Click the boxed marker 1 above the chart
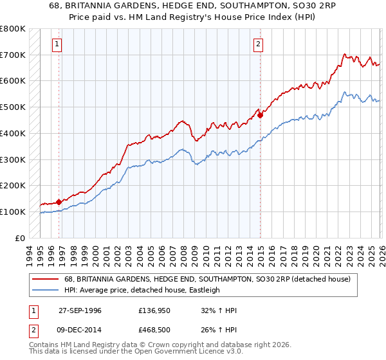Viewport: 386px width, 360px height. tap(57, 44)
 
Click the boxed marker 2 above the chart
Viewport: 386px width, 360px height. tap(258, 44)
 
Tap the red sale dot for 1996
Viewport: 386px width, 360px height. tap(59, 202)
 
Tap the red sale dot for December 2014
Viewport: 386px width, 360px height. tap(261, 116)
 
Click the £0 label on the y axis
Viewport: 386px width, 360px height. tap(19, 238)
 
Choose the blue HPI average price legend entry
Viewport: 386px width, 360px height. tap(141, 290)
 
